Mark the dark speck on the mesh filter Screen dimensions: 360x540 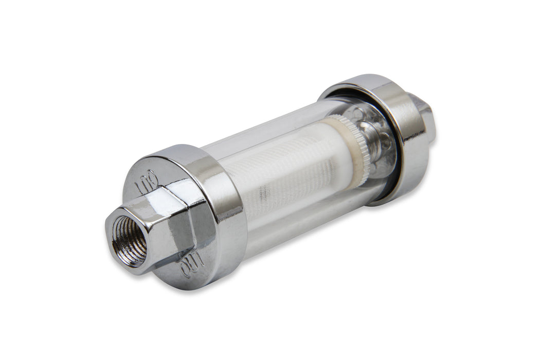point(263,193)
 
